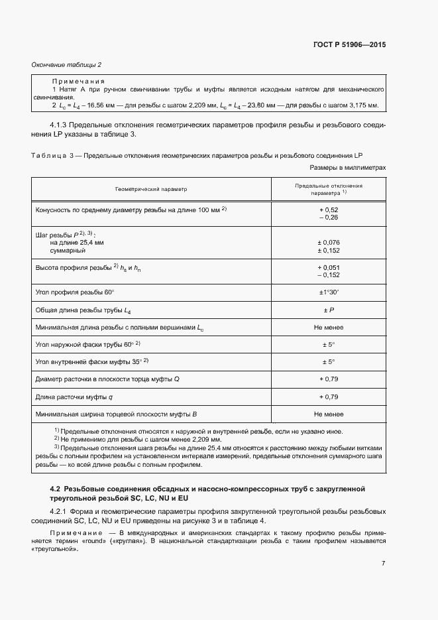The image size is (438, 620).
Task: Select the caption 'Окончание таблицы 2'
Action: pos(66,64)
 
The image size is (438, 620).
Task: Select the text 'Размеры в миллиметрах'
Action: pos(348,168)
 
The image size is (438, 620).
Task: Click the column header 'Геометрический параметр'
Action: pos(151,189)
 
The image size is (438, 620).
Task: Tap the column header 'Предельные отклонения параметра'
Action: pos(329,189)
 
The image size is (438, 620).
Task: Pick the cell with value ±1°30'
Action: pos(329,292)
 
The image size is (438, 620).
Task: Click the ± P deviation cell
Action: pos(329,310)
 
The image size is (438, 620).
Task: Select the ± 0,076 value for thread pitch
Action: pos(329,242)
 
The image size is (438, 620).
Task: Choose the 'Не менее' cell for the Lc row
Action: pos(329,328)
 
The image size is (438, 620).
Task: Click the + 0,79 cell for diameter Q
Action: pos(329,379)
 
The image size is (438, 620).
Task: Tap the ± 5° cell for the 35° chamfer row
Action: pos(329,361)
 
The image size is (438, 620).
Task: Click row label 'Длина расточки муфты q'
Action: pos(74,397)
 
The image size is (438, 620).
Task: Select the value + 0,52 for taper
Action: pos(329,210)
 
